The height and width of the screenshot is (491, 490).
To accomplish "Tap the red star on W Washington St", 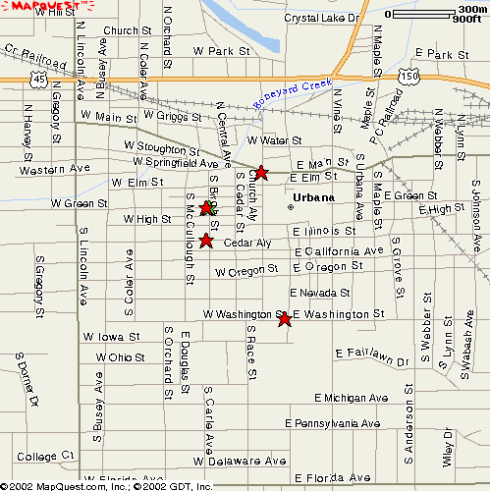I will pyautogui.click(x=285, y=319).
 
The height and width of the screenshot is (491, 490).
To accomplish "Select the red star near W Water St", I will pyautogui.click(x=261, y=172).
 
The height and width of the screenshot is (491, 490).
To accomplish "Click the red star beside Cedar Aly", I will pyautogui.click(x=206, y=241).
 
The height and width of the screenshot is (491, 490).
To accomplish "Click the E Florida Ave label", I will pyautogui.click(x=328, y=477).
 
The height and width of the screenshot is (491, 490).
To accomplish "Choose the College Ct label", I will pyautogui.click(x=45, y=457).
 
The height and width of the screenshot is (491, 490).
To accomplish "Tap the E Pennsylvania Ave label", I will pyautogui.click(x=332, y=424).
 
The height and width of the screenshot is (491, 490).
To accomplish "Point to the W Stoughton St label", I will pyautogui.click(x=161, y=148).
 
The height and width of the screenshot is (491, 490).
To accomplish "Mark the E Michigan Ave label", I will pyautogui.click(x=353, y=398).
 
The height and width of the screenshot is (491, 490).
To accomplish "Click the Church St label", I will pyautogui.click(x=121, y=31).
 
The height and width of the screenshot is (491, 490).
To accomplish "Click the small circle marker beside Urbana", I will pyautogui.click(x=291, y=206).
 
